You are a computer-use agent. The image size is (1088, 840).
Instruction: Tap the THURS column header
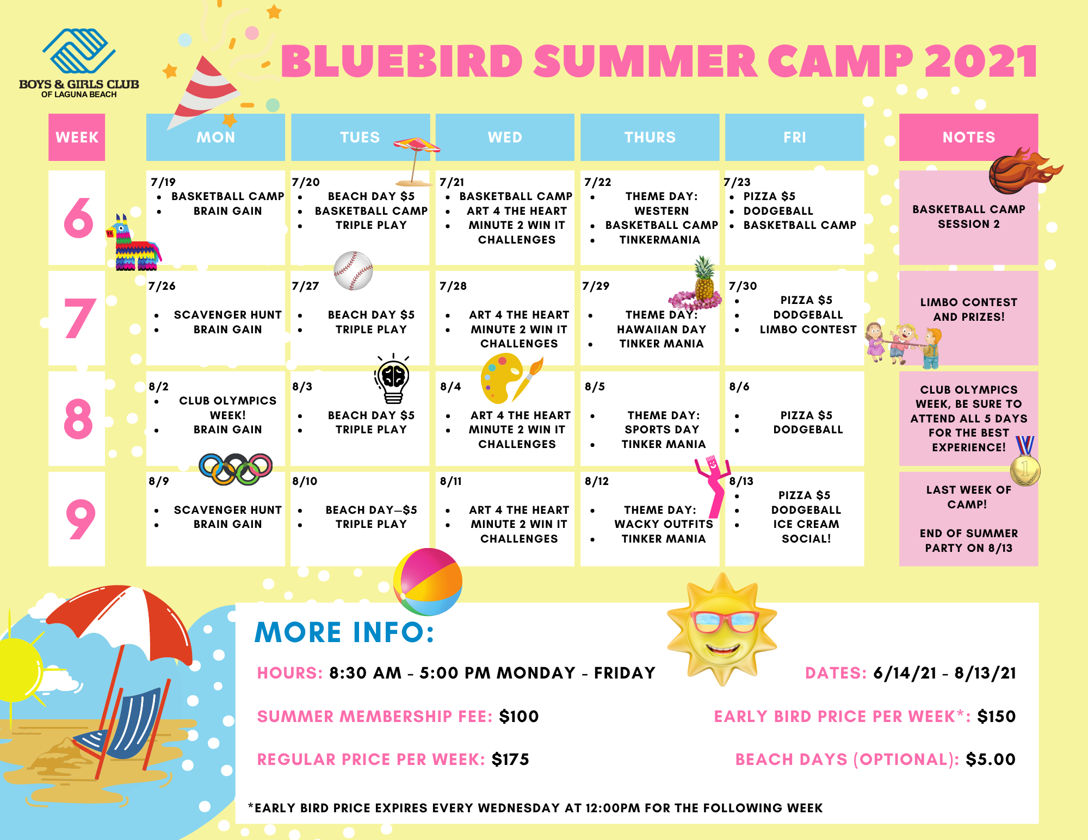(650, 137)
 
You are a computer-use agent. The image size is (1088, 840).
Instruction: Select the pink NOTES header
(968, 137)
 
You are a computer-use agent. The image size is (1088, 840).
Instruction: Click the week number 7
(79, 318)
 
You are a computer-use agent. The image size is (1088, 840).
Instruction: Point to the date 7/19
(163, 182)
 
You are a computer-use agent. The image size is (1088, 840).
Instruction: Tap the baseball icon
(354, 270)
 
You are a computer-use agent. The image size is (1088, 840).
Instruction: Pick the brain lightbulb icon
(393, 379)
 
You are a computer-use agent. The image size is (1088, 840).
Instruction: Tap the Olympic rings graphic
(236, 469)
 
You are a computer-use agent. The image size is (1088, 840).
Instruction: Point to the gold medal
(1025, 462)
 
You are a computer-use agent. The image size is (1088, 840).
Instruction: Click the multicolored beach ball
(428, 581)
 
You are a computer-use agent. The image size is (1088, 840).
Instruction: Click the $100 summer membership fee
(519, 717)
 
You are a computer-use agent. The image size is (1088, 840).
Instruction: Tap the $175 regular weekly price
(510, 760)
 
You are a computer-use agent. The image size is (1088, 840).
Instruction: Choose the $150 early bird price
(996, 717)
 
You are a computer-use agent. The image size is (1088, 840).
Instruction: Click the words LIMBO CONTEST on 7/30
(808, 329)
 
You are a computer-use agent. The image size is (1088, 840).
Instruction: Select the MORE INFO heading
(344, 632)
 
